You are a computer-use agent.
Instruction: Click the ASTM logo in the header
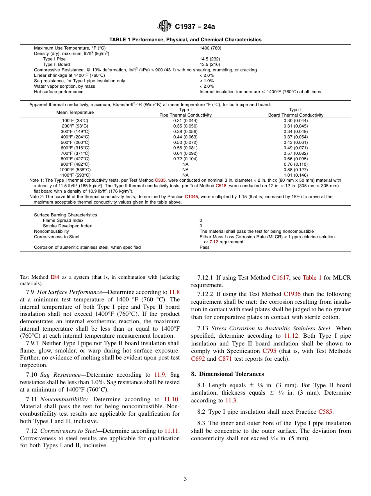point(164,27)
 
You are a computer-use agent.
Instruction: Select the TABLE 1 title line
point(185,40)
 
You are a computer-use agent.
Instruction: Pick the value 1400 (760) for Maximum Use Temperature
point(210,48)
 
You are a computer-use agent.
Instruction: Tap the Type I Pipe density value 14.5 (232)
point(210,59)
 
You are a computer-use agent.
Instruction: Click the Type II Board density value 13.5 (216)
point(210,64)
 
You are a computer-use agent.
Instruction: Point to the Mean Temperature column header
point(75,112)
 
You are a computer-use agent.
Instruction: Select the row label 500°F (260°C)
point(75,142)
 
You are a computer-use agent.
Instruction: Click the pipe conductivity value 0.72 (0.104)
point(185,159)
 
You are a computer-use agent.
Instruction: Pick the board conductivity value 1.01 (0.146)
point(296,175)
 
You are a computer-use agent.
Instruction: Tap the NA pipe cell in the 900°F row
point(185,164)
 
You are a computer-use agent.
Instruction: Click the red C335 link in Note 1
point(160,180)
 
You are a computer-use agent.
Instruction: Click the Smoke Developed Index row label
point(67,226)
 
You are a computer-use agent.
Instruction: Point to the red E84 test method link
point(55,277)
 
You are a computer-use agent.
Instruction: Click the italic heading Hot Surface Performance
point(69,292)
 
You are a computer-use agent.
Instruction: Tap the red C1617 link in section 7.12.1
point(280,278)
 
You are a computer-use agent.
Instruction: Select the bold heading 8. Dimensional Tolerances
point(227,374)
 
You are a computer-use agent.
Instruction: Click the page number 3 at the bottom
point(185,479)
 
